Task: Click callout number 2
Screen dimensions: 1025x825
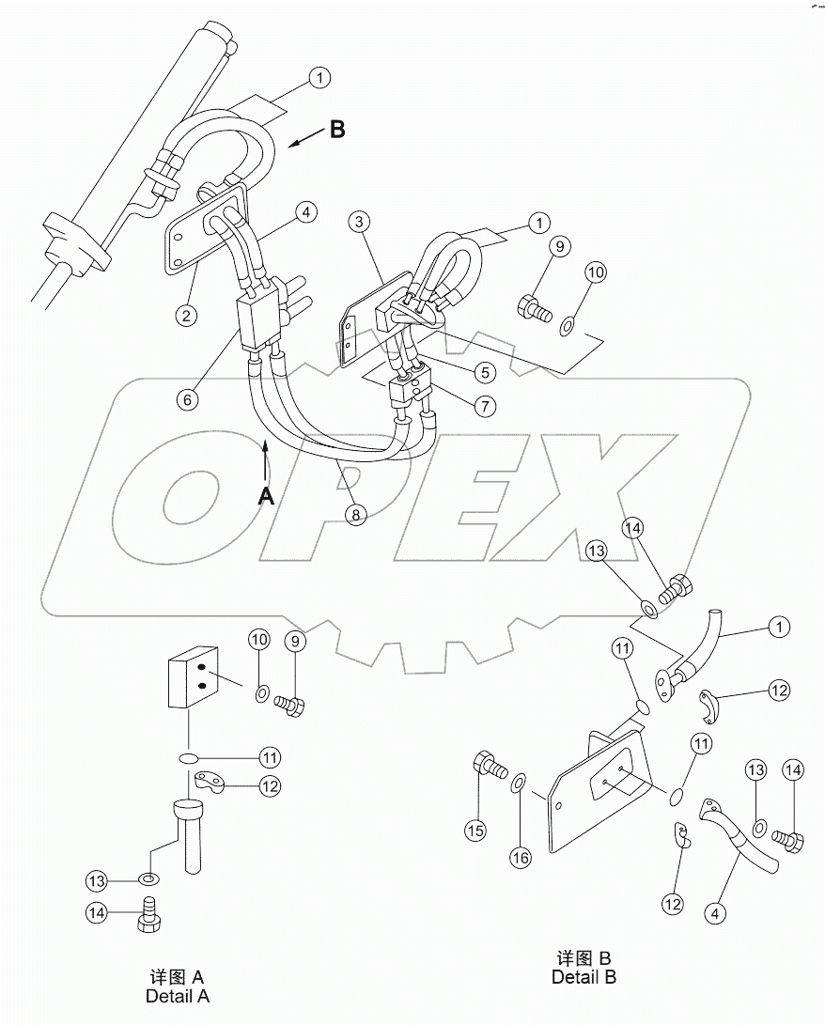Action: pos(188,316)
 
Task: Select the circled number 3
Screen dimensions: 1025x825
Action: pos(359,223)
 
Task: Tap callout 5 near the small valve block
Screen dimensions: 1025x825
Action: pos(485,373)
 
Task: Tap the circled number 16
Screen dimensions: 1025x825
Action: pos(521,857)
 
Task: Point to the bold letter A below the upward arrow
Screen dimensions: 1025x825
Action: pos(266,497)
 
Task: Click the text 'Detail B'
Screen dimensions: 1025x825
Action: pos(584,977)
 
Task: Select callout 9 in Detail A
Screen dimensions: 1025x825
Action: pos(296,642)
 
